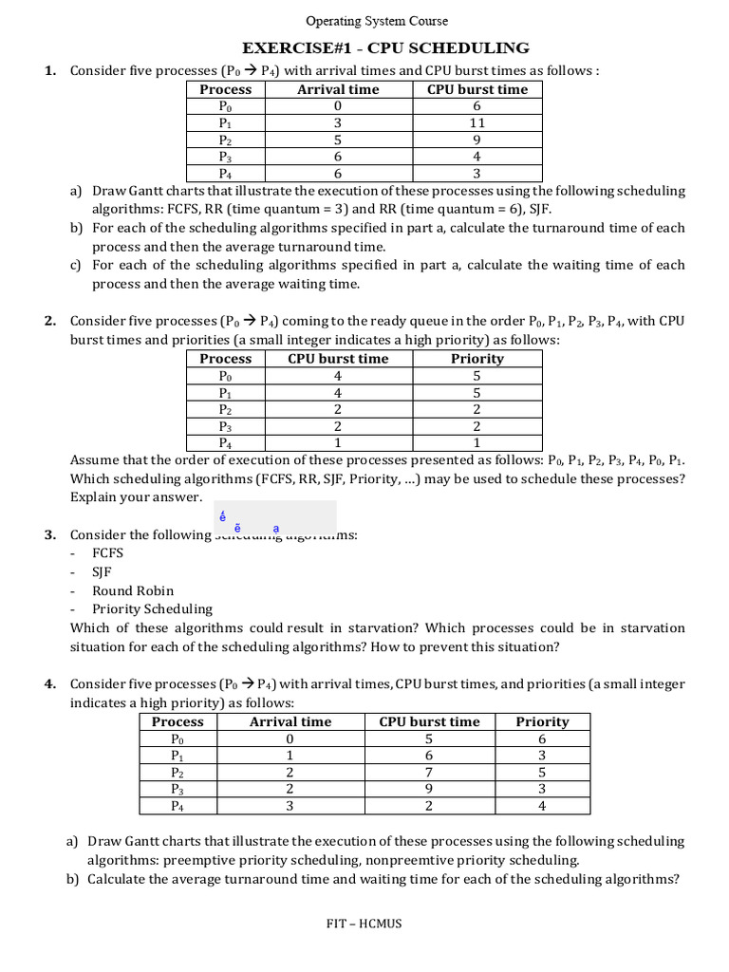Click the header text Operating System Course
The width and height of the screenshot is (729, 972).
pyautogui.click(x=377, y=21)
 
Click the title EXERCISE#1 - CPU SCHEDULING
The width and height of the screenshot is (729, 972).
pyautogui.click(x=385, y=48)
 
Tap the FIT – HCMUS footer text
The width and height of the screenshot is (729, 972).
pyautogui.click(x=364, y=924)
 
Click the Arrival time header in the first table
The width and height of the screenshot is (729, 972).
pyautogui.click(x=338, y=89)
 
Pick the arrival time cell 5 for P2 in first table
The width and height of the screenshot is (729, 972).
pyautogui.click(x=338, y=140)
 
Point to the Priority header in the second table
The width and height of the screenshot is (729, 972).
pyautogui.click(x=477, y=359)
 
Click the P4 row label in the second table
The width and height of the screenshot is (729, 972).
pyautogui.click(x=226, y=443)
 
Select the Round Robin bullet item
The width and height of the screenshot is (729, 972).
pyautogui.click(x=133, y=590)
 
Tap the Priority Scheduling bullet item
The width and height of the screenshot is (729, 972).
pyautogui.click(x=152, y=609)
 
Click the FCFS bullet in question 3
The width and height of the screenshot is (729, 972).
pyautogui.click(x=108, y=553)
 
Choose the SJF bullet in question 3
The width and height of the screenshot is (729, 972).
pyautogui.click(x=103, y=572)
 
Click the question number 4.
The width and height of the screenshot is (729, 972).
pyautogui.click(x=50, y=684)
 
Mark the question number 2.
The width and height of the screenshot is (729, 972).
pyautogui.click(x=50, y=322)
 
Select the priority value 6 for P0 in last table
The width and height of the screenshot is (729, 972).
pyautogui.click(x=542, y=739)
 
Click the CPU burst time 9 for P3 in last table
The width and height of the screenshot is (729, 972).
pyautogui.click(x=430, y=790)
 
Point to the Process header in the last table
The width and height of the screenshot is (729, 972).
pyautogui.click(x=178, y=721)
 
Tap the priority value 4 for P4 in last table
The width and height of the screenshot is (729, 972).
pyautogui.click(x=542, y=807)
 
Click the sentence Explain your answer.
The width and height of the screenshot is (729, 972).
pyautogui.click(x=137, y=497)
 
